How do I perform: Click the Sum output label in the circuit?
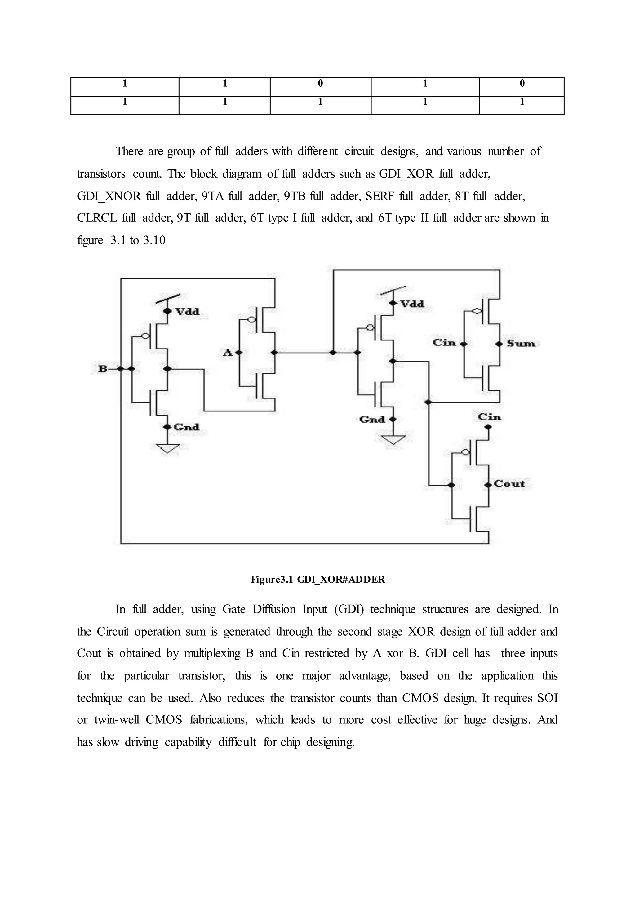click(521, 344)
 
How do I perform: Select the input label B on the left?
click(102, 369)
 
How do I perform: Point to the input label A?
click(227, 353)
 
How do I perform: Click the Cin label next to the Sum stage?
click(444, 343)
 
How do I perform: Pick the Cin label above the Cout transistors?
click(489, 417)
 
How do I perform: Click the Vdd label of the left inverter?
click(187, 312)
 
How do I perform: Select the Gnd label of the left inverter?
click(187, 427)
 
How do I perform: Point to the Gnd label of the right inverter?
click(372, 420)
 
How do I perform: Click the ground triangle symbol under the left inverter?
click(167, 448)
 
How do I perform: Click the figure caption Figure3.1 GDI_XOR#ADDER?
click(317, 580)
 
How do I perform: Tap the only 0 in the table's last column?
click(522, 83)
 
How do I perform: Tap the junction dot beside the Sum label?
click(499, 344)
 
